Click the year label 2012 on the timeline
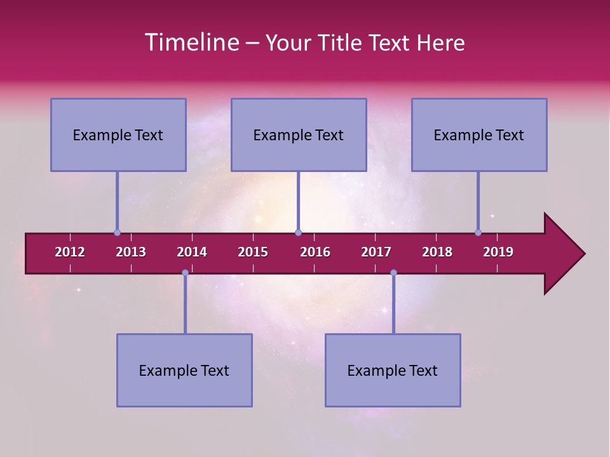click(70, 252)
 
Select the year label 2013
click(131, 252)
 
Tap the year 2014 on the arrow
click(192, 252)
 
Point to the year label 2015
click(253, 252)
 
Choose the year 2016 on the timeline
click(315, 252)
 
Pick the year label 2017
click(376, 252)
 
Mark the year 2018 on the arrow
click(437, 252)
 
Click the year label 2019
click(498, 252)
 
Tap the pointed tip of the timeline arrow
click(583, 254)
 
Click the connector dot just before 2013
click(118, 233)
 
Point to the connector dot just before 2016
click(298, 233)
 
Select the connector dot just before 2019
click(478, 233)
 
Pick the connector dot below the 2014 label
click(185, 273)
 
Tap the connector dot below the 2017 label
click(393, 273)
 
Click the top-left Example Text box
click(118, 135)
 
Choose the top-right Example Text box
click(479, 135)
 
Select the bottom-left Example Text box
click(184, 370)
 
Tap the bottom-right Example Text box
click(393, 370)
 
